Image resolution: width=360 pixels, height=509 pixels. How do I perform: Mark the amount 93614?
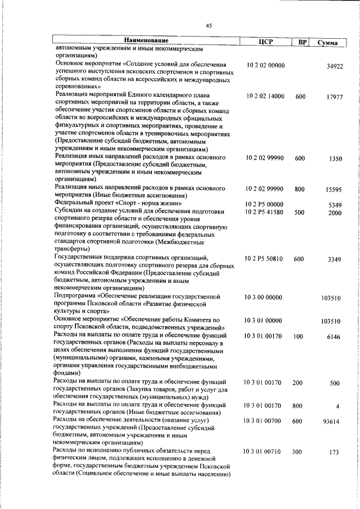[334, 421]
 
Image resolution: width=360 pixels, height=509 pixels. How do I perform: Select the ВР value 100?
[298, 336]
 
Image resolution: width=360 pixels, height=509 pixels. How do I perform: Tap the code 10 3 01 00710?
[264, 452]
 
